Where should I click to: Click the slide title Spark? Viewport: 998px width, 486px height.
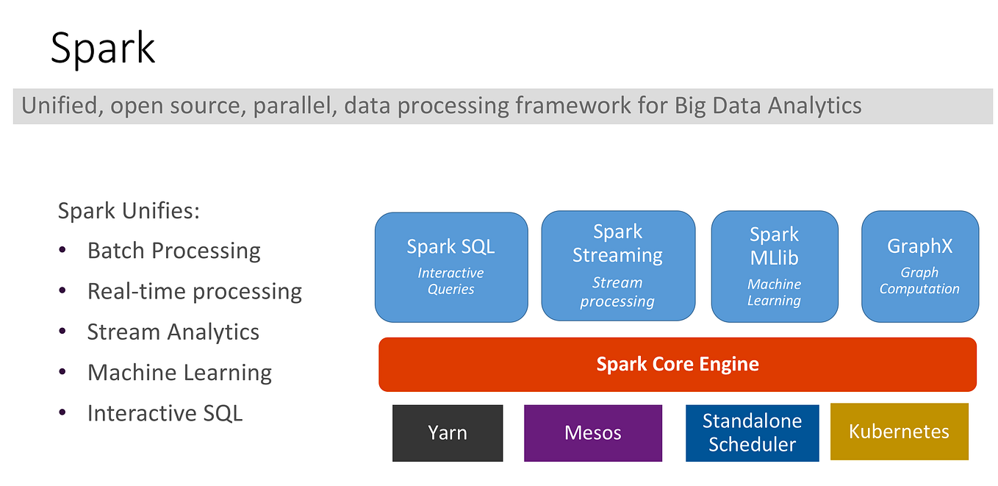point(102,49)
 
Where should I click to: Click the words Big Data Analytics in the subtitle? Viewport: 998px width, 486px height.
point(767,106)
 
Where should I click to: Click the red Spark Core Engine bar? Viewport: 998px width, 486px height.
point(677,364)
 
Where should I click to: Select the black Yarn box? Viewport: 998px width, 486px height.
point(447,432)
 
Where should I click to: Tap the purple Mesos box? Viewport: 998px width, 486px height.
point(592,432)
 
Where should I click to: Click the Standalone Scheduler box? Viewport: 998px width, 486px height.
point(751,432)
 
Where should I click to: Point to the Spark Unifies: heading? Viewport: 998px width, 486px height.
point(129,212)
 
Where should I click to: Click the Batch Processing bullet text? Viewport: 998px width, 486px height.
point(173,251)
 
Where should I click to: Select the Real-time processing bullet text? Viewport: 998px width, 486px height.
point(194,292)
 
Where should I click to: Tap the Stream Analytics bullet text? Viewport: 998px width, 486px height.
point(173,332)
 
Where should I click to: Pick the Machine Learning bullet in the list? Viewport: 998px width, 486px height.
point(179,373)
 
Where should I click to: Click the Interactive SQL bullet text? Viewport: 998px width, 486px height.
point(165,413)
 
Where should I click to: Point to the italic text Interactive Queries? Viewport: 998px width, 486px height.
point(450,281)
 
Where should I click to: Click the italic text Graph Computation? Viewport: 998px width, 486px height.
point(919,281)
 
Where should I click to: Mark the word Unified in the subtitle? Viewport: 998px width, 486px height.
point(61,106)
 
